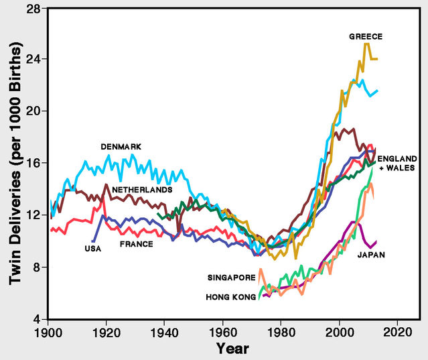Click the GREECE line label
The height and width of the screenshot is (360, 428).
[365, 36]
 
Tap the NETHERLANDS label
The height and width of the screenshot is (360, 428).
[142, 190]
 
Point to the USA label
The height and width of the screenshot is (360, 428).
[93, 249]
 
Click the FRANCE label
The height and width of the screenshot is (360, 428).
[136, 244]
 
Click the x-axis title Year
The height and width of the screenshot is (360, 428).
[232, 349]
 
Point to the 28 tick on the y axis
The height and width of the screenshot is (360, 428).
[33, 8]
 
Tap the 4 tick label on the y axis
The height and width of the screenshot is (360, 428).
[36, 318]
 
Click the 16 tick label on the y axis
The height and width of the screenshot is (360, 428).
[33, 163]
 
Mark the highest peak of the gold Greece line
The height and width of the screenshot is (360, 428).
[366, 44]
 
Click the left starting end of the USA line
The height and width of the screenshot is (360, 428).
[93, 241]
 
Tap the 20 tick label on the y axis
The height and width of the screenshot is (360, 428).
[33, 111]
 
